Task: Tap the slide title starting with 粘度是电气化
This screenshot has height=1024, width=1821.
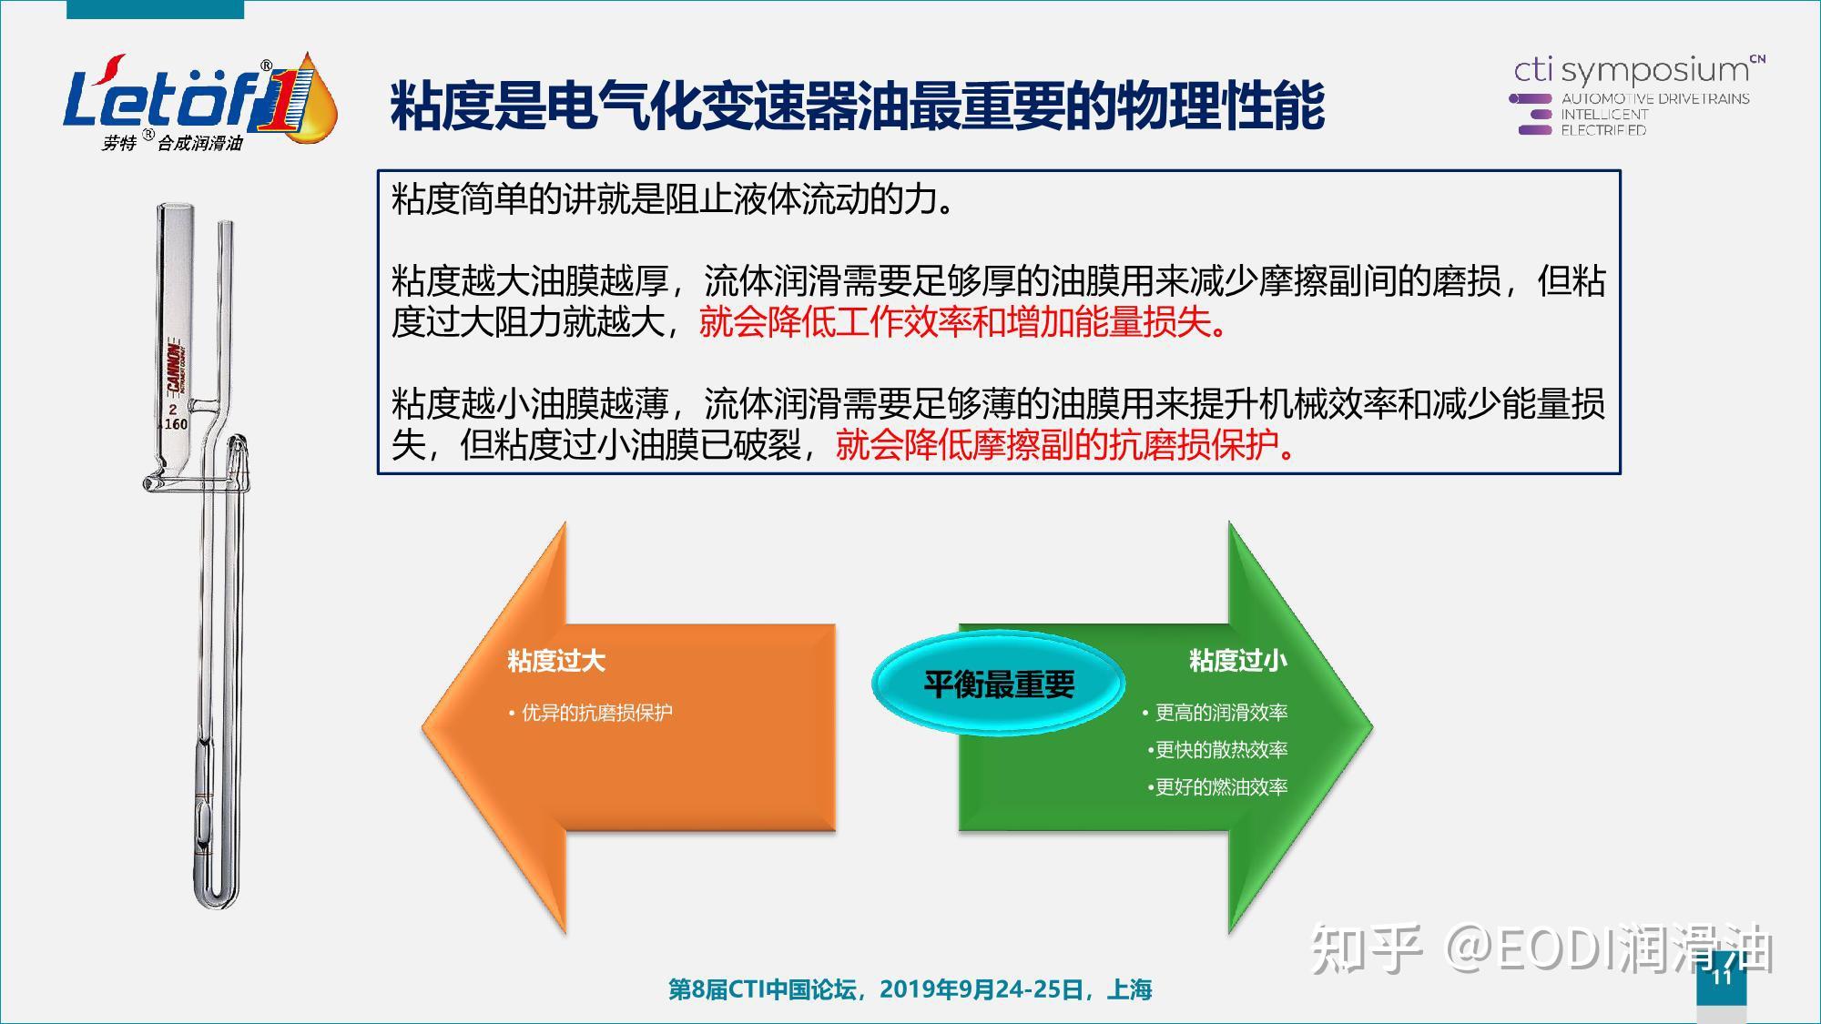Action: point(857,106)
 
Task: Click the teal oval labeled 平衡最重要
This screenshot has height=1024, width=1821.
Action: point(999,684)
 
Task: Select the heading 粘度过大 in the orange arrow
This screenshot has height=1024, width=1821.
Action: point(556,661)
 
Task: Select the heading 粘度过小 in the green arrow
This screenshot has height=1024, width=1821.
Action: point(1237,661)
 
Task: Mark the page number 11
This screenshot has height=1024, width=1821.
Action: point(1721,977)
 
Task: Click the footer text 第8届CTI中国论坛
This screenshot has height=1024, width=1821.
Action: point(910,989)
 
